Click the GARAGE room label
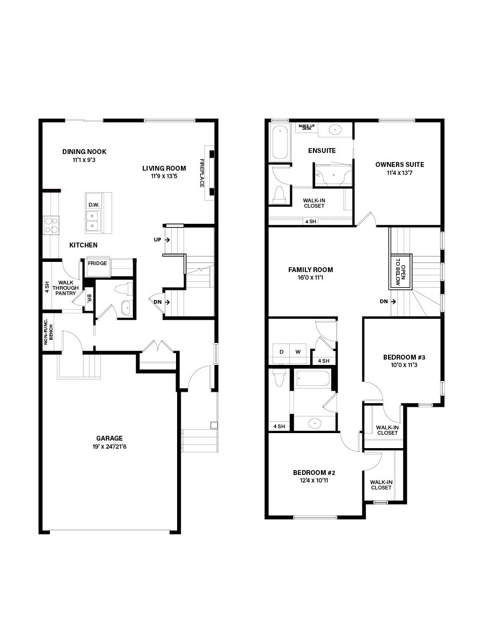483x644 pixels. click(x=109, y=438)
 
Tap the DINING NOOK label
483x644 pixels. click(x=84, y=152)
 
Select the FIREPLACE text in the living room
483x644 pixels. click(x=202, y=173)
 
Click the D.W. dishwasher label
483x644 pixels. click(x=93, y=204)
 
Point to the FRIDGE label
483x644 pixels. click(x=98, y=264)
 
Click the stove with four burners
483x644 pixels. click(x=51, y=225)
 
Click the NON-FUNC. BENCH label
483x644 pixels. click(x=48, y=333)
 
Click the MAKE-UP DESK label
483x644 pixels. click(x=306, y=127)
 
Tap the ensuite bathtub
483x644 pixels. click(x=279, y=142)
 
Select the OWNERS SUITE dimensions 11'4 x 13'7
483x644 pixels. click(x=399, y=173)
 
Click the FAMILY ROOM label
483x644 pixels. click(x=310, y=270)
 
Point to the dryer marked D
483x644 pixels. click(x=281, y=352)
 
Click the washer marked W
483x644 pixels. click(x=298, y=352)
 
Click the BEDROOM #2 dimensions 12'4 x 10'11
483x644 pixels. click(x=314, y=481)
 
